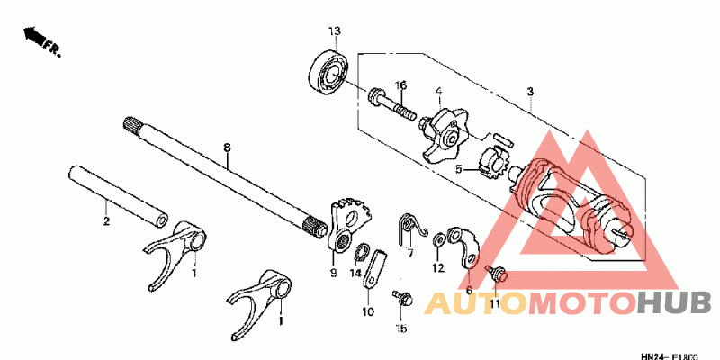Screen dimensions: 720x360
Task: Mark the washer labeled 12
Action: coord(437,239)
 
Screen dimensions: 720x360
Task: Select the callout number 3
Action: coord(530,93)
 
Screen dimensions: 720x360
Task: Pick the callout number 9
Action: coord(332,272)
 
